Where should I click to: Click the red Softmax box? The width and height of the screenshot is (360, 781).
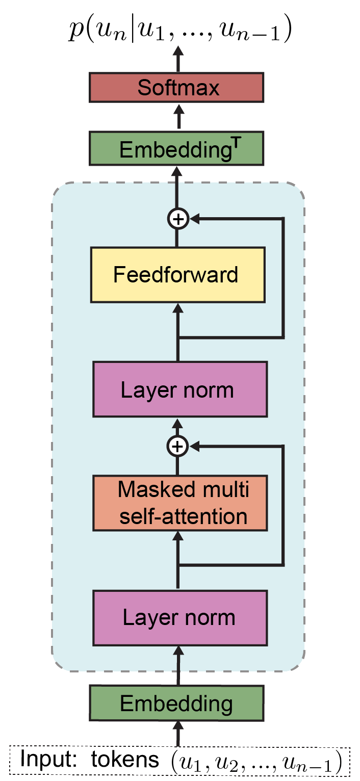176,87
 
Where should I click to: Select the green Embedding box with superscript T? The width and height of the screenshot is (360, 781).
176,148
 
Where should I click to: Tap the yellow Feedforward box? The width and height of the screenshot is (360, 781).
177,275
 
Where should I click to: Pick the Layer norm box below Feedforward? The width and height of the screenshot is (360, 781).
180,389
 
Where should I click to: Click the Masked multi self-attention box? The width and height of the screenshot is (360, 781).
180,503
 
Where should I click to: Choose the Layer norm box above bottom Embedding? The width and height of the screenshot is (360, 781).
180,617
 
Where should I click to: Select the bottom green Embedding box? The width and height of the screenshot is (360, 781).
176,704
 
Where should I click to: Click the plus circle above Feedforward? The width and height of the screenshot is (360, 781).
178,219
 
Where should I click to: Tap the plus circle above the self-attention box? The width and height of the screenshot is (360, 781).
177,447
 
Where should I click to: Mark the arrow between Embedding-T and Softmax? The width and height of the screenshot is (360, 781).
178,118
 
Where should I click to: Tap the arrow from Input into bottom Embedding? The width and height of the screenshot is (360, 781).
178,734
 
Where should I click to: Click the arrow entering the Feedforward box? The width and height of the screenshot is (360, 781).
178,326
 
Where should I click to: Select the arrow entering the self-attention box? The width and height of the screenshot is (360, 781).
178,556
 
